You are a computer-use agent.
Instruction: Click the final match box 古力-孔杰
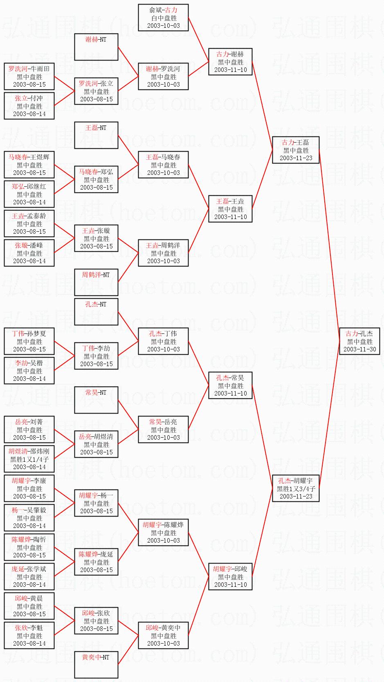coord(359,341)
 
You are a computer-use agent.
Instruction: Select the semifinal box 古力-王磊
coord(296,150)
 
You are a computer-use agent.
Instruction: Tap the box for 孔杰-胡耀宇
coord(296,488)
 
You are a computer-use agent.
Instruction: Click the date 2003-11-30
coord(359,349)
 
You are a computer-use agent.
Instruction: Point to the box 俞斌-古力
coord(163,18)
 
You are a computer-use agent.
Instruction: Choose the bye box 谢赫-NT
coord(96,47)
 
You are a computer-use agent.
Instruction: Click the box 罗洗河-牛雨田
coord(29,76)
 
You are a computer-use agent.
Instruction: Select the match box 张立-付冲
coord(29,106)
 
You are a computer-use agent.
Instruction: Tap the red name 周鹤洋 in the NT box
coord(91,275)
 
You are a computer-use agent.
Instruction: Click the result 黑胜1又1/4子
coord(29,459)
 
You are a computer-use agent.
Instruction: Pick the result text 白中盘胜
coord(164,18)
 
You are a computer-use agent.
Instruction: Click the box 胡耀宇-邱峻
coord(230,577)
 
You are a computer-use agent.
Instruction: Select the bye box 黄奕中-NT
coord(96,665)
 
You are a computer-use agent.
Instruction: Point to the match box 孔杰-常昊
coord(230,385)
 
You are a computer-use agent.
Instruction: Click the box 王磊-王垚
coord(230,209)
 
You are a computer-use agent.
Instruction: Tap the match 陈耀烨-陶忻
coord(29,547)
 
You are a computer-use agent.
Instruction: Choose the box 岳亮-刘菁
coord(29,429)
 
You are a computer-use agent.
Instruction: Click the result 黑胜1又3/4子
coord(296,489)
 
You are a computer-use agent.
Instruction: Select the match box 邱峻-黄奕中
coord(163,635)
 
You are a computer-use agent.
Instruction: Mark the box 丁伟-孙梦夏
coord(29,341)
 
